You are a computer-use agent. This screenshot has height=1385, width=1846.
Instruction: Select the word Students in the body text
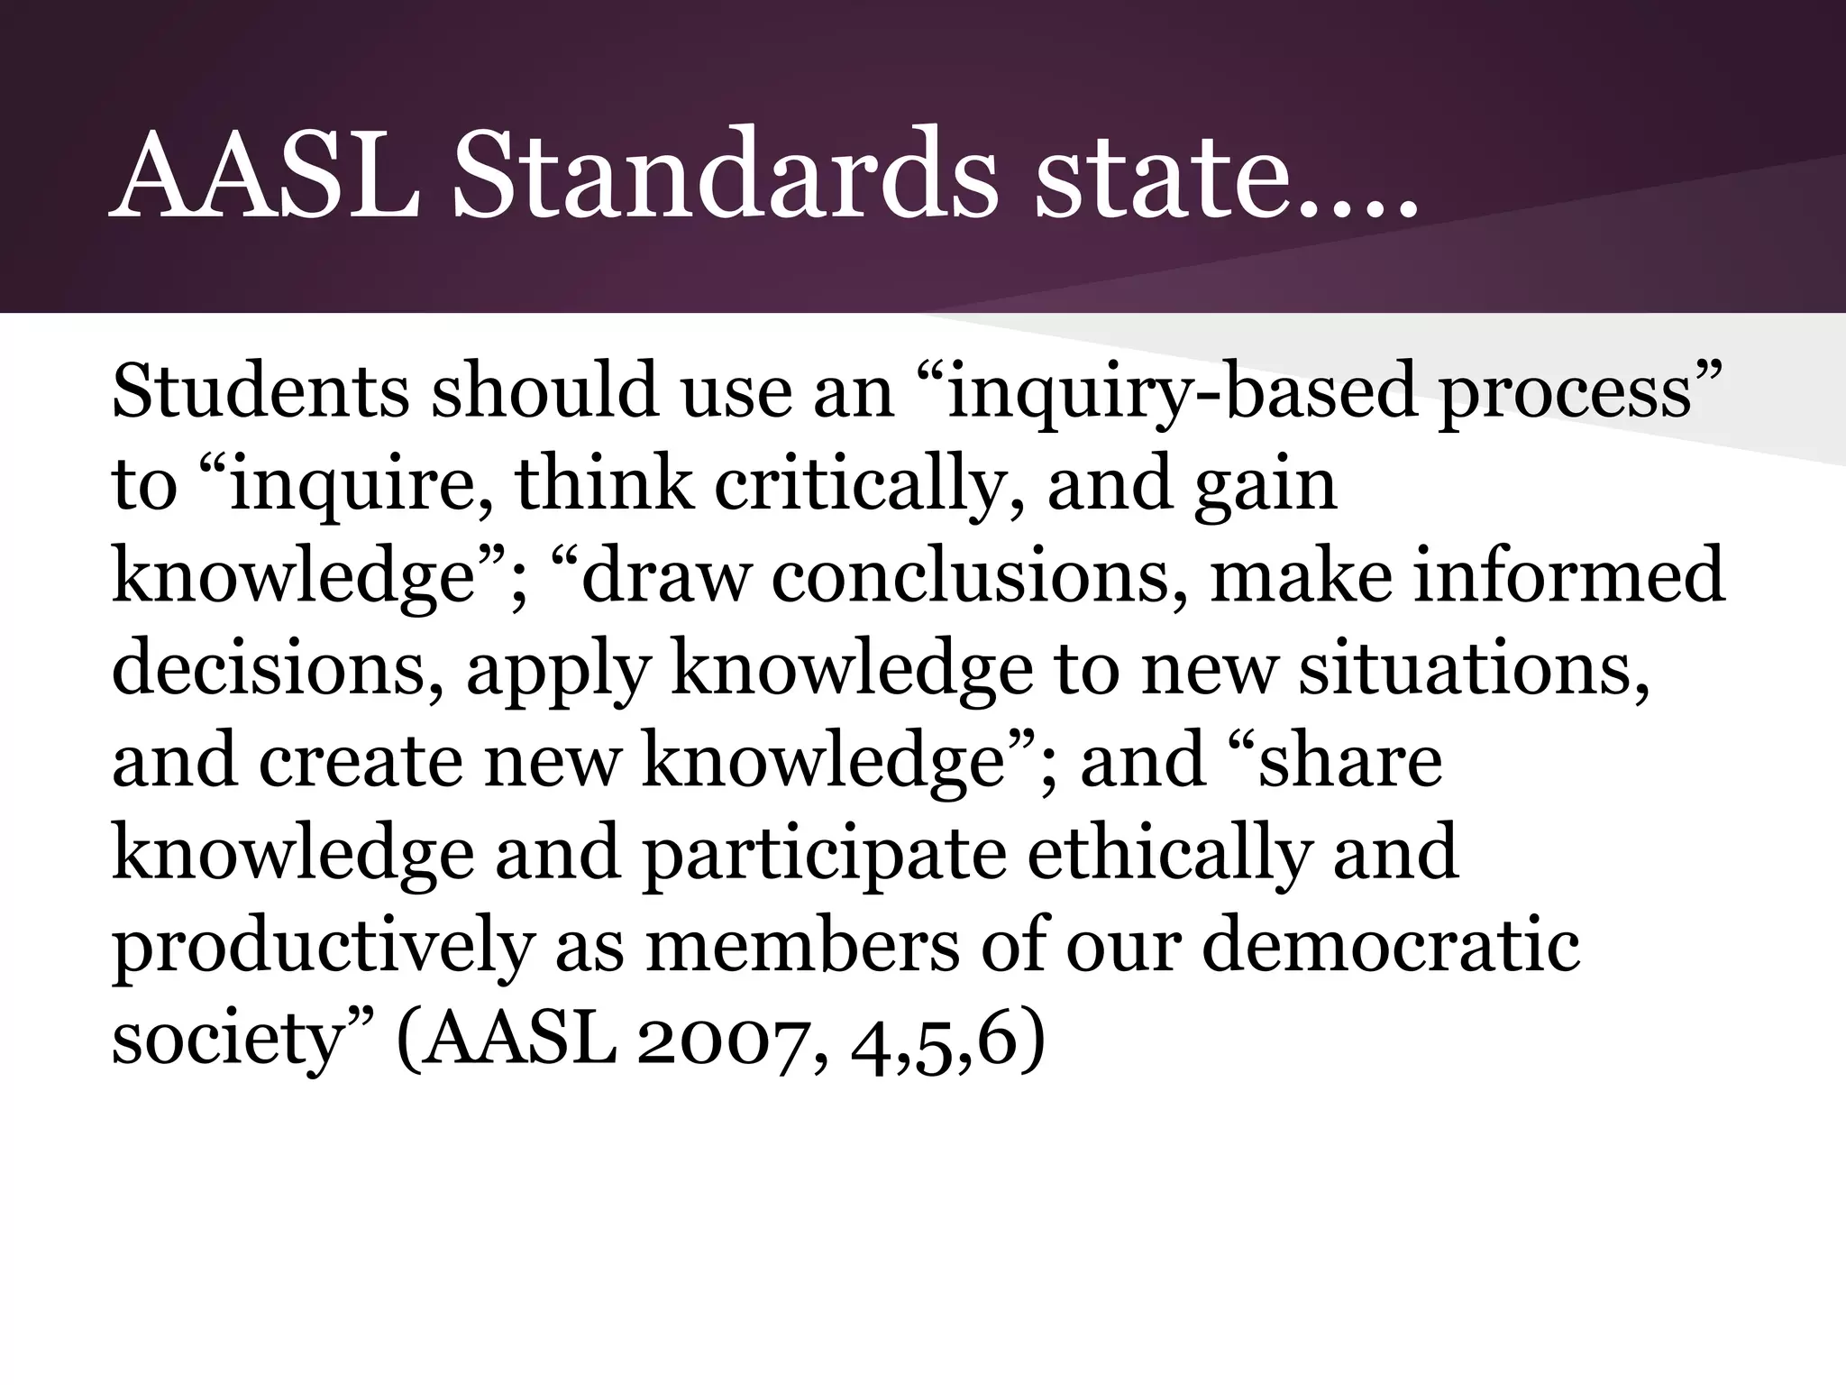tap(260, 393)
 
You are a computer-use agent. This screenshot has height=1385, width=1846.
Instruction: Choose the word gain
tap(1264, 485)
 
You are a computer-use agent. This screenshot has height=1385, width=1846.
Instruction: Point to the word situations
tap(1475, 669)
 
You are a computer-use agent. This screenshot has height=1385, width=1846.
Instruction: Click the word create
tap(361, 761)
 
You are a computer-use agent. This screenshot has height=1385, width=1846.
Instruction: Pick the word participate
tap(823, 853)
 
